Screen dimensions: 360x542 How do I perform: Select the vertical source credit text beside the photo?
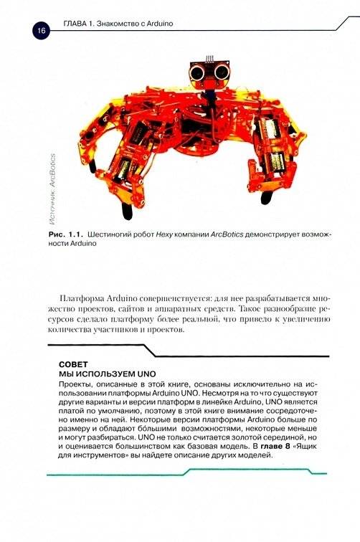(52, 179)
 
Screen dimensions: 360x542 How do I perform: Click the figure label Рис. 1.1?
(65, 234)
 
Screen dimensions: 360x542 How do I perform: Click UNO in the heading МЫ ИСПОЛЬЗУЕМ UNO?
(146, 374)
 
